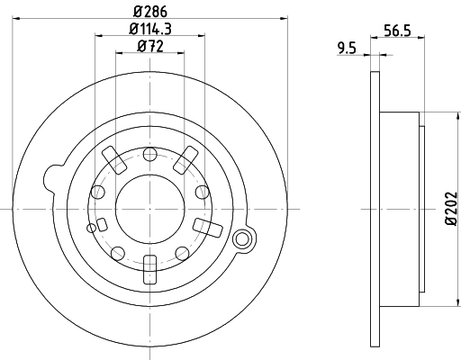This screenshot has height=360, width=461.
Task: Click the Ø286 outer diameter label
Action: pyautogui.click(x=150, y=12)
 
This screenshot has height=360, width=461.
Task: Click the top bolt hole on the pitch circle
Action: pyautogui.click(x=149, y=153)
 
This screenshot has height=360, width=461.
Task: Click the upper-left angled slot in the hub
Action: pyautogui.click(x=114, y=157)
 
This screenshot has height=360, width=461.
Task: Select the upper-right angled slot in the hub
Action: pyautogui.click(x=185, y=157)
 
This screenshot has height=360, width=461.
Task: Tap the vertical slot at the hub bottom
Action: pyautogui.click(x=149, y=267)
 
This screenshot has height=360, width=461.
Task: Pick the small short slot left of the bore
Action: pyautogui.click(x=102, y=224)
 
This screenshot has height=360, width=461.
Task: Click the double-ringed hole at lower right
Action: pyautogui.click(x=240, y=239)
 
